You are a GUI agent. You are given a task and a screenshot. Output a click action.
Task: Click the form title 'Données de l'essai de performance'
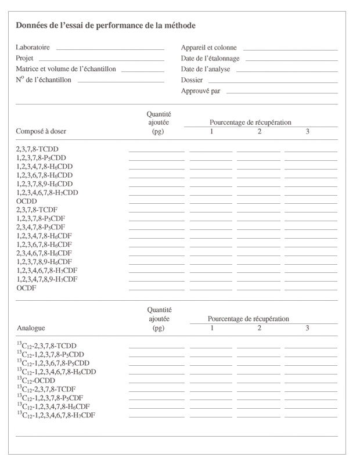(x=106, y=26)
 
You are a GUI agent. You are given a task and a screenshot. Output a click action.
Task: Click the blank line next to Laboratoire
(x=110, y=49)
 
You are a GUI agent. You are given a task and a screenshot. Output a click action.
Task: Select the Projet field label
(x=24, y=59)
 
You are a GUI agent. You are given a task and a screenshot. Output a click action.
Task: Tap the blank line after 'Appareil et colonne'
(x=290, y=49)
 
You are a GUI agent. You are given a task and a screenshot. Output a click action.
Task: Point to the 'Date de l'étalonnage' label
(x=210, y=59)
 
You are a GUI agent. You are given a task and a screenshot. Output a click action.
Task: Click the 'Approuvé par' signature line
(x=282, y=92)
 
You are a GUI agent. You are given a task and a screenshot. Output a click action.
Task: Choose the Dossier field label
(x=192, y=80)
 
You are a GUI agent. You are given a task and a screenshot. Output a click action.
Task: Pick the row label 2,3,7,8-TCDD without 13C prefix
(x=37, y=149)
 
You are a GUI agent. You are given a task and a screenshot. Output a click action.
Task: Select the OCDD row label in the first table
(x=26, y=201)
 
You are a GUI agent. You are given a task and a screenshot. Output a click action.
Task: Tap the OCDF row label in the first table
(x=26, y=289)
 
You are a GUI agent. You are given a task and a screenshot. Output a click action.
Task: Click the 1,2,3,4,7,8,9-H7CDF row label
(x=47, y=280)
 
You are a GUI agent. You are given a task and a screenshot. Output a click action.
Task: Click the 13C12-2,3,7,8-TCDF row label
(x=46, y=390)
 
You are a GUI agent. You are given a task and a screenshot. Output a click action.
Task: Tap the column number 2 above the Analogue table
(x=259, y=328)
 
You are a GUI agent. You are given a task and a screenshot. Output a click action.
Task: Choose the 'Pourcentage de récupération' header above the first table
(x=250, y=123)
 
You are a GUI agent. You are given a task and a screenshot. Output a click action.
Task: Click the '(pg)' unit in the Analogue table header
(x=158, y=329)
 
